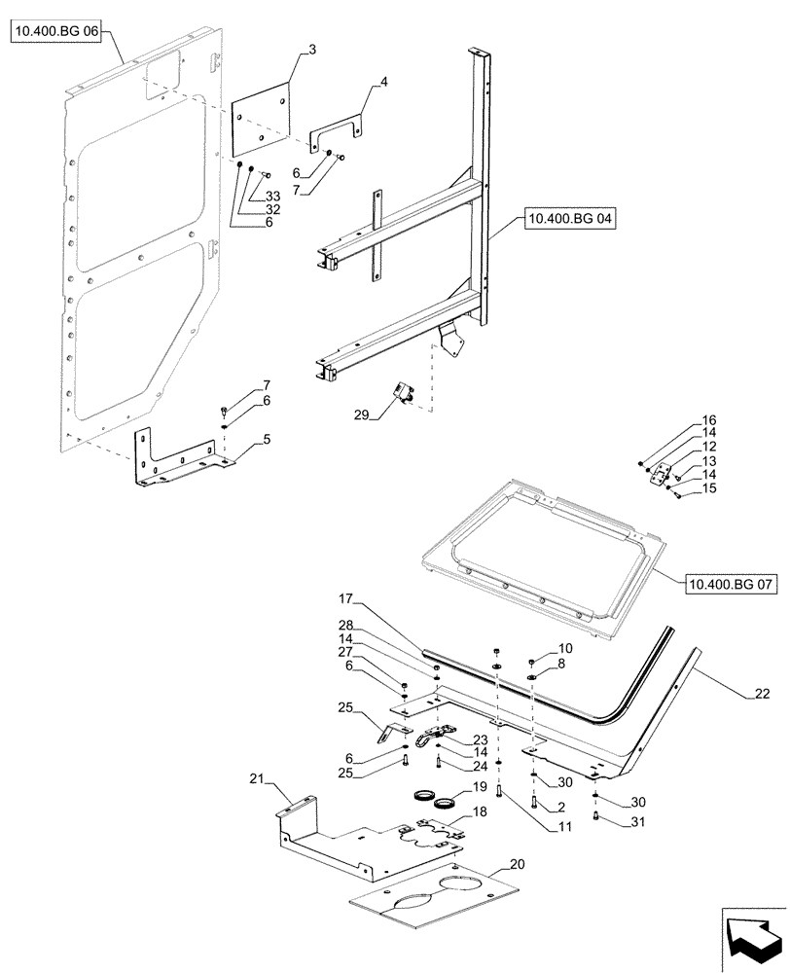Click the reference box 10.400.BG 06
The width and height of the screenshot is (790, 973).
tap(56, 32)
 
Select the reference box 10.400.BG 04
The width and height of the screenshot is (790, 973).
tap(570, 220)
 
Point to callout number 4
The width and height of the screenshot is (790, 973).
tap(383, 83)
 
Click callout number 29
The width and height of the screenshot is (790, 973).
tap(363, 415)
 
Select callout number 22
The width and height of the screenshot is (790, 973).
tap(763, 694)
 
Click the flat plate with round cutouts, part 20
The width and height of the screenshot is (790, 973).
tap(433, 887)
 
